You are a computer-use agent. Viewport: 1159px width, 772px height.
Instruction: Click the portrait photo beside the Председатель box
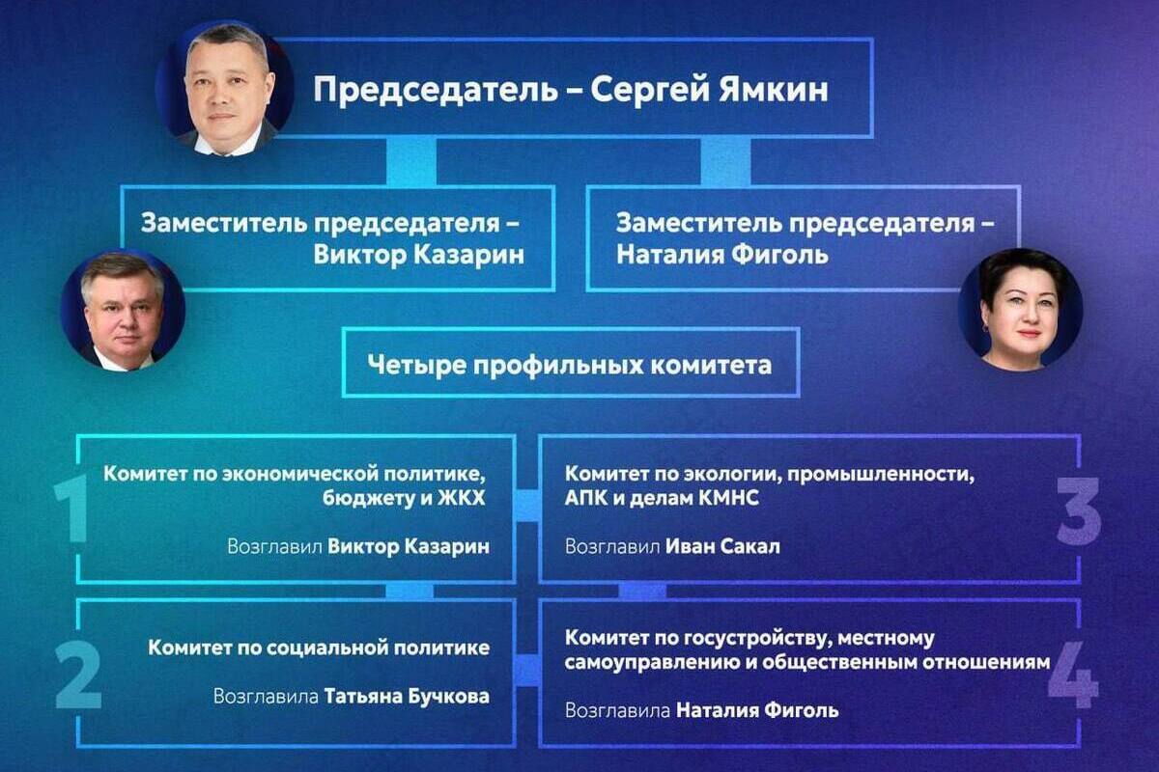(225, 88)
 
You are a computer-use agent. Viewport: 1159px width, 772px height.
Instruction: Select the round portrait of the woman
(1020, 309)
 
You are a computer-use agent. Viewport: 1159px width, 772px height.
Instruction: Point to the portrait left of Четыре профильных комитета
(124, 311)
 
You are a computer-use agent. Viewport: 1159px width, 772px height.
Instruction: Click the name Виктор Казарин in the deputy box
(419, 255)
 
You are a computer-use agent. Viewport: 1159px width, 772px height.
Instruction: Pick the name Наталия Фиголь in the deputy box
(722, 255)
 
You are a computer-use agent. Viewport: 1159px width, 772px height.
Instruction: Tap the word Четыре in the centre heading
(410, 365)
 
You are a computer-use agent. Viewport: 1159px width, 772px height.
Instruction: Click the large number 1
(71, 509)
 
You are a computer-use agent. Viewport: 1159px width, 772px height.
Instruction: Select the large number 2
(78, 675)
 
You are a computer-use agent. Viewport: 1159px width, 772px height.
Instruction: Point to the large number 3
(1078, 510)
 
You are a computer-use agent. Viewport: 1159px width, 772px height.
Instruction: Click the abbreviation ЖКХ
(462, 499)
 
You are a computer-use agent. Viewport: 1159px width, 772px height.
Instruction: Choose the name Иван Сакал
(722, 546)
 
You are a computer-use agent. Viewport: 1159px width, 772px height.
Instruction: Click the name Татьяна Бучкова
(407, 697)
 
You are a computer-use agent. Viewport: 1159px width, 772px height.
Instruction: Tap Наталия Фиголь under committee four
(757, 711)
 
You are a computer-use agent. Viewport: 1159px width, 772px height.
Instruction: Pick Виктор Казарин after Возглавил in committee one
(409, 546)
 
